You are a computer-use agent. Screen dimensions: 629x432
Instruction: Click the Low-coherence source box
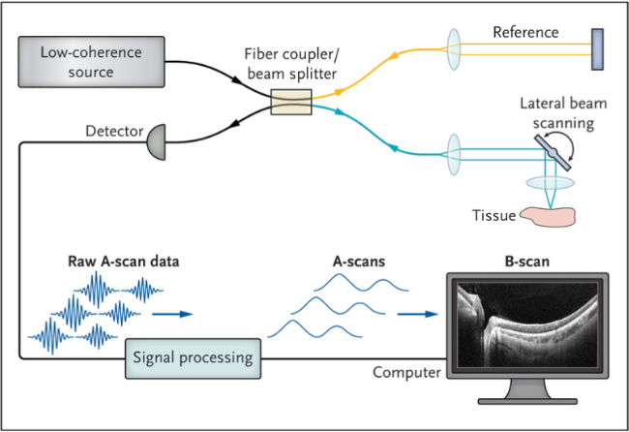click(92, 62)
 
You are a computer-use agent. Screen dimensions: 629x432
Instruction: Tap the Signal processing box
click(193, 358)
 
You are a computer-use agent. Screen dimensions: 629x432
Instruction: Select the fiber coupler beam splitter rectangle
click(291, 102)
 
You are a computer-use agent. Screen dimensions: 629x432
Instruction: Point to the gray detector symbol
click(157, 142)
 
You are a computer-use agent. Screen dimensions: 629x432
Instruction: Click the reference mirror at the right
click(597, 49)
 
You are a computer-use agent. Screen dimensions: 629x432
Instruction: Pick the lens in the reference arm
click(454, 49)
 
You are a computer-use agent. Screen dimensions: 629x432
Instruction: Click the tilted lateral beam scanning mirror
click(553, 153)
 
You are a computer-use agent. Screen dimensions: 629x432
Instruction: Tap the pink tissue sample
click(548, 216)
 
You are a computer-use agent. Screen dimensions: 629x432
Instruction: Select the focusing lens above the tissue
click(551, 183)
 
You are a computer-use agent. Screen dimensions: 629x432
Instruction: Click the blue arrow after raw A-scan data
click(172, 314)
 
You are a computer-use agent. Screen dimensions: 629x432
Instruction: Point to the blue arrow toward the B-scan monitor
click(418, 314)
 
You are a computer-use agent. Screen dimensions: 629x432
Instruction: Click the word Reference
click(525, 32)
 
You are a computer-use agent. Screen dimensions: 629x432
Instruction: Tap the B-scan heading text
click(527, 262)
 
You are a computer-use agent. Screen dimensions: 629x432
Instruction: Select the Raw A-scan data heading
click(124, 262)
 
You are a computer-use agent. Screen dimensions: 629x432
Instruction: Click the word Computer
click(406, 373)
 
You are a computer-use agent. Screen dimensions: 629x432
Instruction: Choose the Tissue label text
click(494, 216)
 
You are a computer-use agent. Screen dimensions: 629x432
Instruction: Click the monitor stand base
click(527, 401)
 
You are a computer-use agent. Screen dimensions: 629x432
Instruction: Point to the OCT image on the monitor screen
click(527, 324)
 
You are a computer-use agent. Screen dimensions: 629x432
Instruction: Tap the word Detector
click(114, 132)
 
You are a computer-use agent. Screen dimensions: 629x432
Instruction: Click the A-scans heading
click(359, 262)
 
